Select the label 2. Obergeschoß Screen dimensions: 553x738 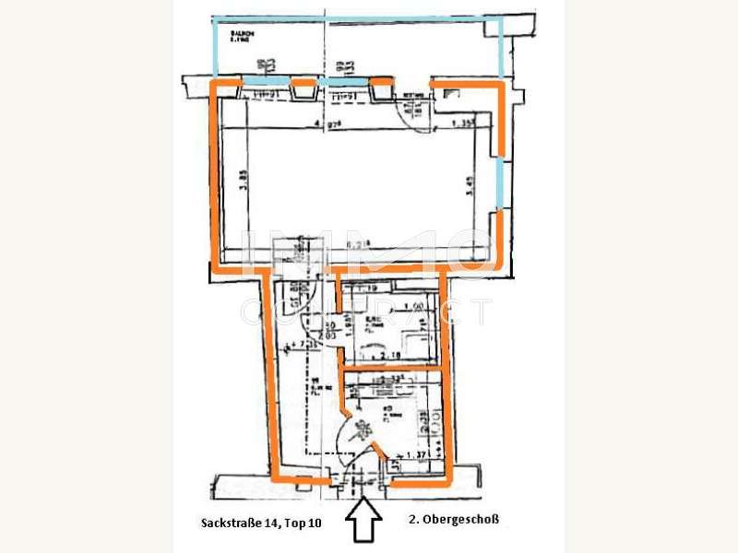(x=453, y=520)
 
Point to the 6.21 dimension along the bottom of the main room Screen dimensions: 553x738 (x=356, y=244)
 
